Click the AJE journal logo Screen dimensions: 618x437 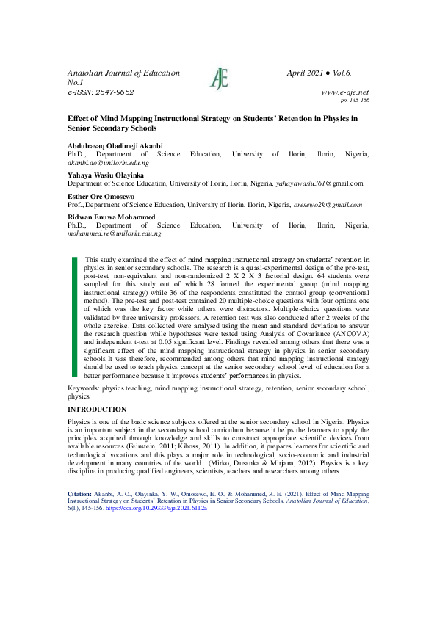(219, 77)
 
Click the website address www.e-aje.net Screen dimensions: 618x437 (345, 92)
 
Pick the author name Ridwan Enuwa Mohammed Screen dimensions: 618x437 (110, 217)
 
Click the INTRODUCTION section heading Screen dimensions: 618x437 (97, 409)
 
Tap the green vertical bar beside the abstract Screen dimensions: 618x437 (74, 317)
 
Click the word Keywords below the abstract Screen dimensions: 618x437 (83, 387)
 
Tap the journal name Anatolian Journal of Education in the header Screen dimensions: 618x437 (123, 73)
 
